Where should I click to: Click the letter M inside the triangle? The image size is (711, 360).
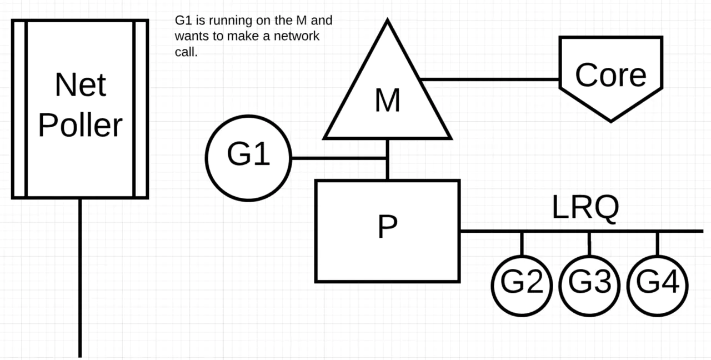(388, 101)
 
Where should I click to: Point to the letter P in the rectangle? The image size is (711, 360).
(388, 226)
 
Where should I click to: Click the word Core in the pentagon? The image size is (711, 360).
(610, 75)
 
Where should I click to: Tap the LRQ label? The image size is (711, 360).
(585, 207)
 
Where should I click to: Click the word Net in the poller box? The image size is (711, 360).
(81, 85)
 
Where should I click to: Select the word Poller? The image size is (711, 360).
(81, 125)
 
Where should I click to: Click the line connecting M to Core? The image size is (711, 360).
(489, 79)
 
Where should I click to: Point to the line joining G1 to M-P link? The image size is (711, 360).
(338, 158)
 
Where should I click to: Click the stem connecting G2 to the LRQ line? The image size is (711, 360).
(522, 244)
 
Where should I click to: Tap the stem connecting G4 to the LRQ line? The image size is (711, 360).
(657, 244)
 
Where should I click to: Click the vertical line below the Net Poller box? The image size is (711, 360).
(80, 278)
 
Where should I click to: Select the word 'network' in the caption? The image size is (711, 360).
(297, 36)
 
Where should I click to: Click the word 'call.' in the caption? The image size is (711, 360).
(186, 52)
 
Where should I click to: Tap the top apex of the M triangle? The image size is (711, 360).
(387, 19)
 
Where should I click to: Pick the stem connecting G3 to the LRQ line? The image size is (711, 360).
(589, 244)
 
